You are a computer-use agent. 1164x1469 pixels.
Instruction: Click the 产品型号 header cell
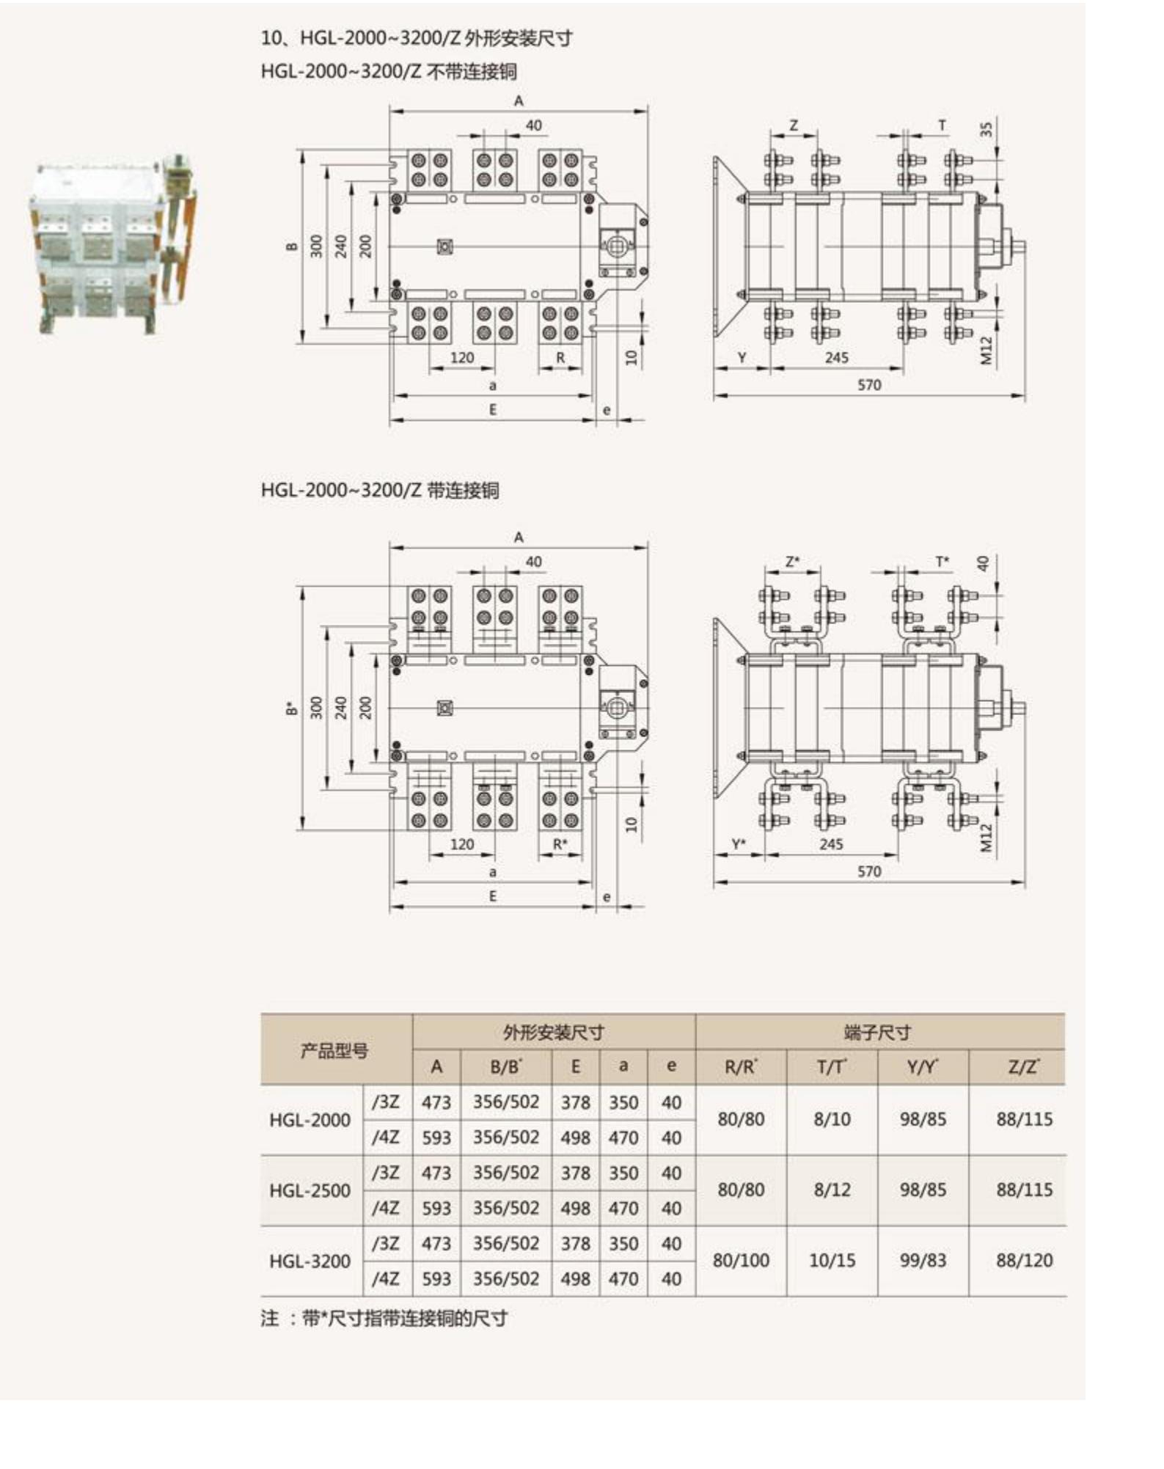tap(334, 1050)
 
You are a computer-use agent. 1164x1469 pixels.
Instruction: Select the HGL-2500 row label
tap(310, 1190)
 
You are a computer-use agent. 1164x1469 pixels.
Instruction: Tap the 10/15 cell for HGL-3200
tap(832, 1261)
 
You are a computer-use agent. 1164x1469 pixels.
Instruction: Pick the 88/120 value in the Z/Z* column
tap(1024, 1261)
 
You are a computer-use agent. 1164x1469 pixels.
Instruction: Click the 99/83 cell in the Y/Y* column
tap(923, 1261)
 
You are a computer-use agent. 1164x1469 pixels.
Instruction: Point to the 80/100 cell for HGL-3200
tap(741, 1261)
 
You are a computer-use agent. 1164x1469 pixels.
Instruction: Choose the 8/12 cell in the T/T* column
tap(832, 1190)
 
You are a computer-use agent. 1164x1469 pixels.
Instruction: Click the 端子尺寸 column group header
tap(878, 1033)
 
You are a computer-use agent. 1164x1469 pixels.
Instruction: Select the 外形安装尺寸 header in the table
tap(553, 1033)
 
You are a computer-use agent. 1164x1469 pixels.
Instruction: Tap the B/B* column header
tap(506, 1067)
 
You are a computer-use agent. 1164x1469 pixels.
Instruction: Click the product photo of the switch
tap(114, 246)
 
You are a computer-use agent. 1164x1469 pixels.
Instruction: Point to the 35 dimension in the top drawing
tap(986, 129)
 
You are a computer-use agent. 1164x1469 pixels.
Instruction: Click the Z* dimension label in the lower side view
tap(792, 562)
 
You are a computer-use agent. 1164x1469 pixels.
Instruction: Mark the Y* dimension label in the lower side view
tap(739, 844)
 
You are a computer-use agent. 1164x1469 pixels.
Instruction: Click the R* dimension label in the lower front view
tap(560, 844)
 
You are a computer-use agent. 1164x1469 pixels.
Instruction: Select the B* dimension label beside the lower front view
tap(292, 708)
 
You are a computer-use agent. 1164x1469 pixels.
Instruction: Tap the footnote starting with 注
tap(384, 1318)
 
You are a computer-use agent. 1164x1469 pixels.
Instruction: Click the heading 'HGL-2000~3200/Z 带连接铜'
tap(380, 490)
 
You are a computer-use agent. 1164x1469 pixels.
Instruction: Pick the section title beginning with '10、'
tap(416, 38)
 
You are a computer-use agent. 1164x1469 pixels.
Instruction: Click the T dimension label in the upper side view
tap(942, 125)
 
